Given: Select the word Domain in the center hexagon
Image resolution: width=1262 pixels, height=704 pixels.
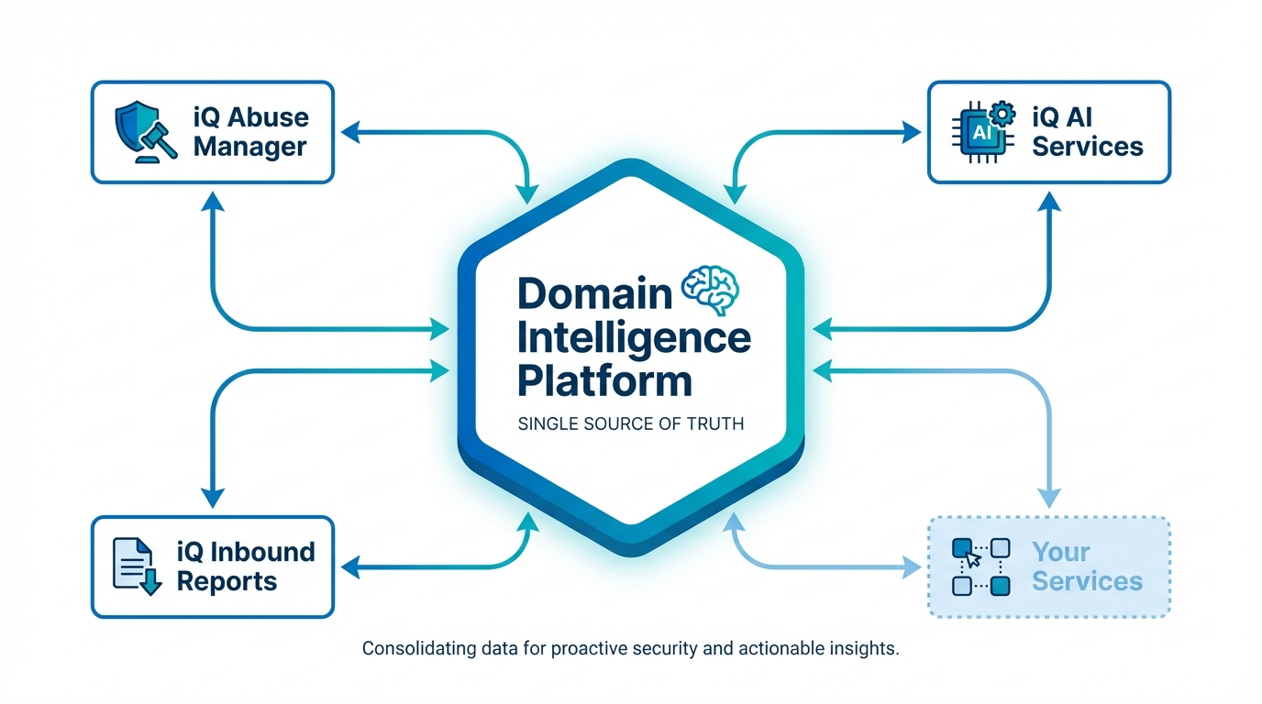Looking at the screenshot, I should [595, 293].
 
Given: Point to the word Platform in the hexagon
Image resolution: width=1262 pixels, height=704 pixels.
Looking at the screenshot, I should [604, 379].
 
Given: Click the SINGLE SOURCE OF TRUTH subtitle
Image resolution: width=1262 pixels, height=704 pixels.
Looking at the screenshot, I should [631, 424].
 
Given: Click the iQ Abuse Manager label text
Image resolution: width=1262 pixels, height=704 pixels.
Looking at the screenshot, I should [250, 132].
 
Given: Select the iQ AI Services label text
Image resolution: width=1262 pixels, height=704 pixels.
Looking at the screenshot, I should [1088, 132].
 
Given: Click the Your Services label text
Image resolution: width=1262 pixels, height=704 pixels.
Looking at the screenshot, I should [1087, 566].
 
